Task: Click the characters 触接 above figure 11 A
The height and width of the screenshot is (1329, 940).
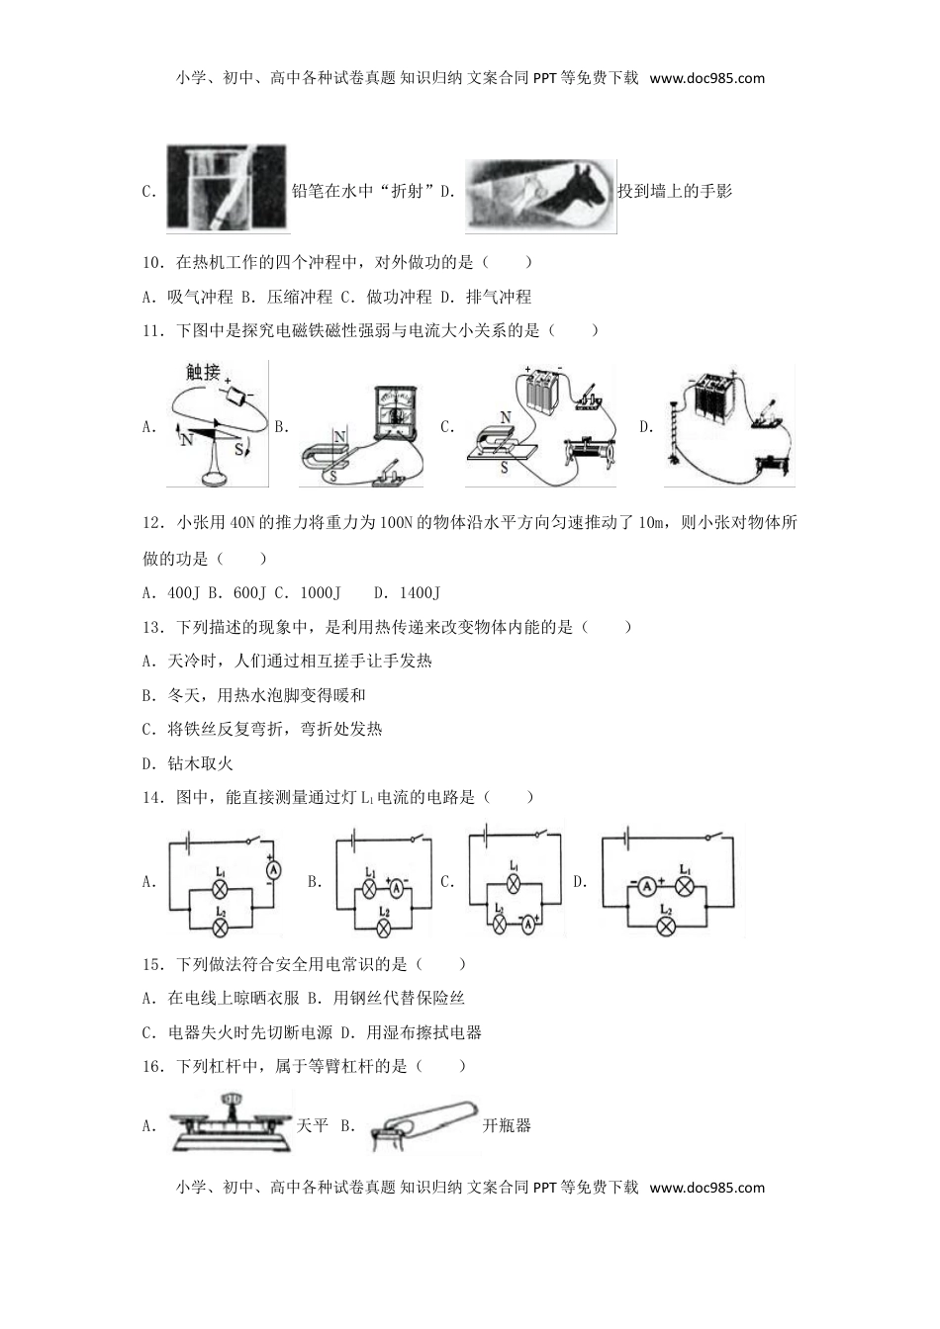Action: [203, 372]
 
